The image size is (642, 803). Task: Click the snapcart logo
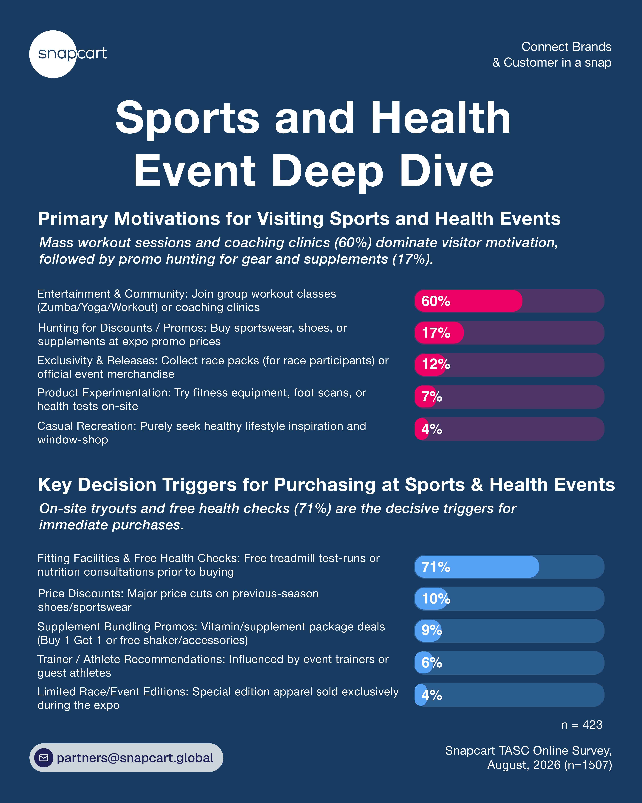[x=68, y=54]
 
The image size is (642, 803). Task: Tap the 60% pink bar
[x=468, y=301]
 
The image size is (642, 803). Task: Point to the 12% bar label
[x=436, y=364]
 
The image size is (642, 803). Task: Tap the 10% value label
[x=436, y=599]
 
